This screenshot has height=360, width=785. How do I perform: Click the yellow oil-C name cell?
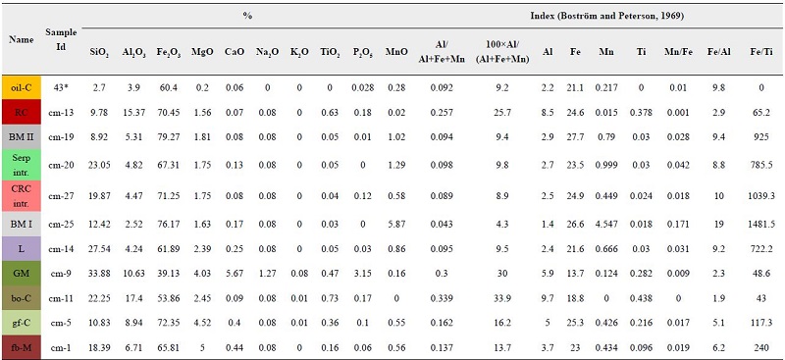(21, 87)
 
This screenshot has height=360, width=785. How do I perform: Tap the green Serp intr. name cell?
(21, 164)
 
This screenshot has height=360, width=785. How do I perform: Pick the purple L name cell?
(21, 250)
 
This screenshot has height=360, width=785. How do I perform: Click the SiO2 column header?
(99, 49)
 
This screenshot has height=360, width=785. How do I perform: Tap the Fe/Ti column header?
(758, 49)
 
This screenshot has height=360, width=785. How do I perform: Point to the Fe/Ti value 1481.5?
(758, 225)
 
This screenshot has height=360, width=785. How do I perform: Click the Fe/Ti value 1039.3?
(758, 195)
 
